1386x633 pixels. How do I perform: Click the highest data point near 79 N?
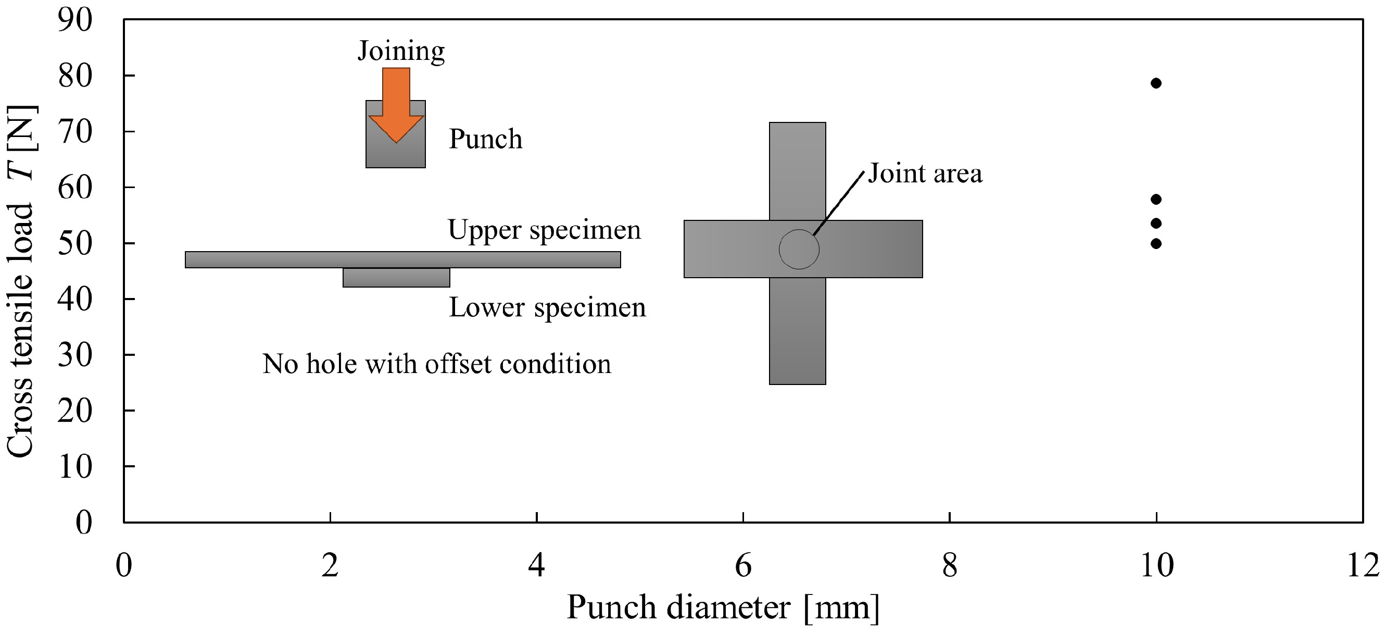(1156, 83)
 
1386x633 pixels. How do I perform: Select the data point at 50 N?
(1156, 243)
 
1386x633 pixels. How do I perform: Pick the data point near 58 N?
(1156, 199)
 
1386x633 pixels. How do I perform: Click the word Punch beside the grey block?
(486, 139)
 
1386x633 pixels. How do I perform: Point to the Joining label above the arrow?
(401, 52)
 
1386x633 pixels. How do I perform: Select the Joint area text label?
(925, 173)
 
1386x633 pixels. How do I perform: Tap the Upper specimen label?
(545, 230)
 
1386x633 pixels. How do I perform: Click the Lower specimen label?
(548, 308)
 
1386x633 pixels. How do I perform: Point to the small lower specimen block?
(397, 278)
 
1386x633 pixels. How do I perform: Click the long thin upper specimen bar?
(403, 259)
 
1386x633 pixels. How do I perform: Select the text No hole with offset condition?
(437, 364)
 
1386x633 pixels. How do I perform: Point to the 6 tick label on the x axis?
(743, 566)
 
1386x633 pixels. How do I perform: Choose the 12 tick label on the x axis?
(1363, 566)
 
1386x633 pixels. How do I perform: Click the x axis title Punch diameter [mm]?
(724, 607)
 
